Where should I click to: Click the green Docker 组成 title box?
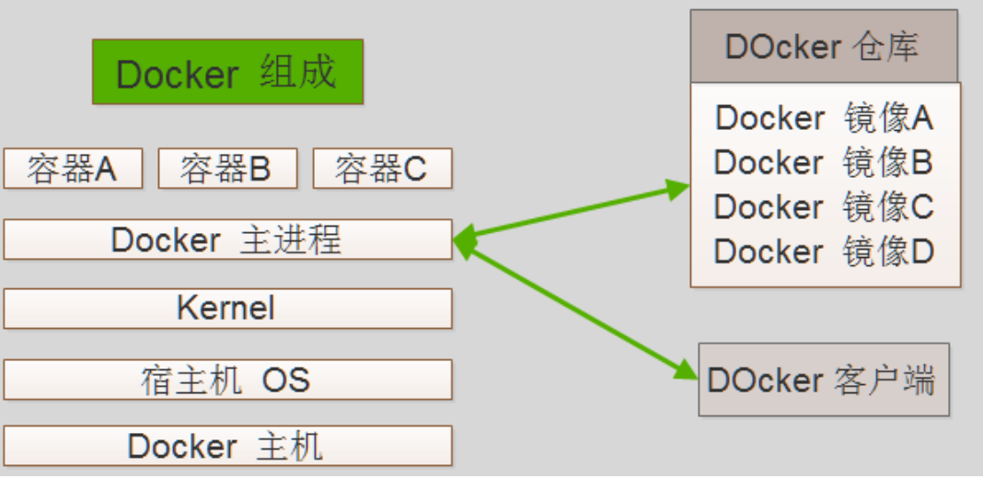[227, 72]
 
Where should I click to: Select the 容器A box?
[73, 169]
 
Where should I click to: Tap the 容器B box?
[227, 169]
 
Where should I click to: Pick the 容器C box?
[382, 169]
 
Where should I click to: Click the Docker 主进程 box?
[227, 239]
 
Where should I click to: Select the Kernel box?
[227, 309]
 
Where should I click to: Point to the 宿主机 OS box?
[227, 379]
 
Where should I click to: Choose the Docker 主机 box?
[227, 446]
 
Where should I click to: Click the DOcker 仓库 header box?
[823, 47]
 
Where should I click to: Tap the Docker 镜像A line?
[824, 118]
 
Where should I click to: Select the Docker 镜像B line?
[824, 162]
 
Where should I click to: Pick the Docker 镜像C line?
[824, 206]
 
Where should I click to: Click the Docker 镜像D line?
[824, 251]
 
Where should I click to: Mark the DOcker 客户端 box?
[823, 380]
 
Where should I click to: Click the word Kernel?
[226, 308]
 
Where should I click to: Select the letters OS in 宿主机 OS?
[286, 379]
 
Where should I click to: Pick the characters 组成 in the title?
[298, 72]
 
